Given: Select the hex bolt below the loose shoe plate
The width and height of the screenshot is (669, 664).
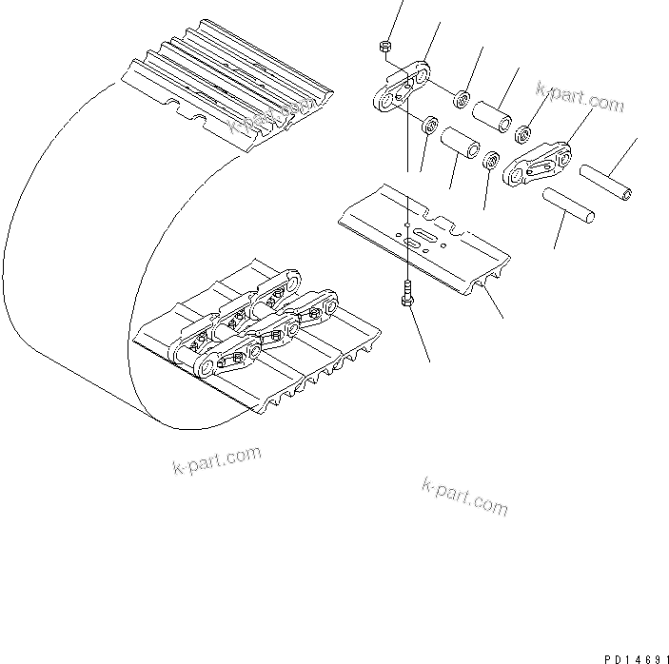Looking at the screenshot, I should (406, 294).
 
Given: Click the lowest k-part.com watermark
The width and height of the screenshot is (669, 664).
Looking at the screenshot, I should (463, 495).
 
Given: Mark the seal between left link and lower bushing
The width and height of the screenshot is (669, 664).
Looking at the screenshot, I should (429, 124).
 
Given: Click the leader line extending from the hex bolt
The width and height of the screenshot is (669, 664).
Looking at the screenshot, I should (419, 333).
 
